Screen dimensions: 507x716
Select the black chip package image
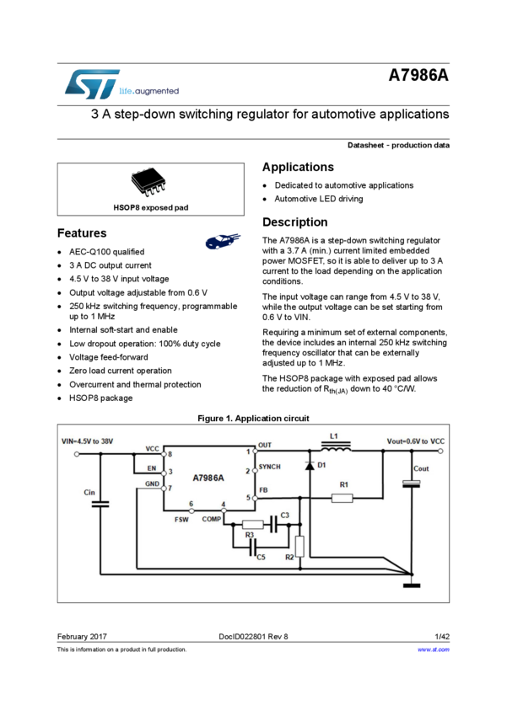coord(148,182)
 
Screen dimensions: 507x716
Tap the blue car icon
coord(223,242)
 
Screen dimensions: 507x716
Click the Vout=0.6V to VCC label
coord(416,441)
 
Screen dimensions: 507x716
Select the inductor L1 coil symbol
coord(337,449)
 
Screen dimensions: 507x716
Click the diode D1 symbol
coord(310,465)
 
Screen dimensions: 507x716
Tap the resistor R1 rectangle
coord(342,498)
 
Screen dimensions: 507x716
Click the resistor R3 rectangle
coord(252,524)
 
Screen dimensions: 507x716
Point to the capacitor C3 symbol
coord(273,524)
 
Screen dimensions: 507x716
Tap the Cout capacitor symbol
coord(412,483)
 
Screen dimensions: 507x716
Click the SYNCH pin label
coord(269,467)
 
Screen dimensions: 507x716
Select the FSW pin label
coord(181,520)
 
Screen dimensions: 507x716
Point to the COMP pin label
coord(211,519)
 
